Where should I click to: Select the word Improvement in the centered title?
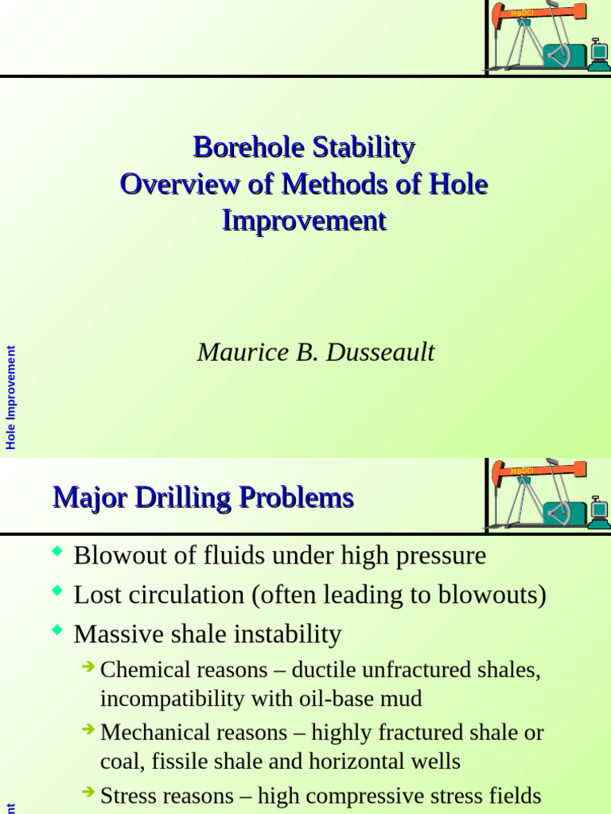pyautogui.click(x=304, y=220)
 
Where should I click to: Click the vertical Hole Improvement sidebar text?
pyautogui.click(x=11, y=397)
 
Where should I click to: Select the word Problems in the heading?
pyautogui.click(x=296, y=498)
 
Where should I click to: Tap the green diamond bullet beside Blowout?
pyautogui.click(x=56, y=550)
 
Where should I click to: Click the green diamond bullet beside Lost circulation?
pyautogui.click(x=56, y=590)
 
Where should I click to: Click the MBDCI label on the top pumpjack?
pyautogui.click(x=522, y=13)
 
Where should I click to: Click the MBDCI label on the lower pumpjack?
pyautogui.click(x=522, y=471)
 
